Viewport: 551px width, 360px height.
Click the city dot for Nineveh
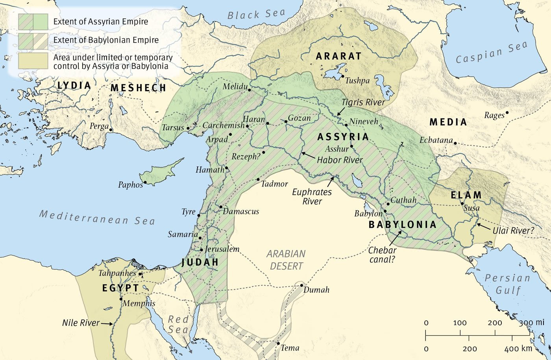(346, 125)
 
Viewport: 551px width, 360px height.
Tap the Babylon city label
(368, 214)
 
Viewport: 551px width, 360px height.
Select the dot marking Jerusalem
(202, 250)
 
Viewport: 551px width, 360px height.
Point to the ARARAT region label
(338, 56)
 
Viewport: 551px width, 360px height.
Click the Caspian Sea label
(491, 53)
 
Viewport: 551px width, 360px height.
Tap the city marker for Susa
(462, 204)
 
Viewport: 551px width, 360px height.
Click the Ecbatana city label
(436, 140)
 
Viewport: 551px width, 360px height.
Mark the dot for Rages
(507, 113)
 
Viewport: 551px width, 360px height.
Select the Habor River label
(340, 160)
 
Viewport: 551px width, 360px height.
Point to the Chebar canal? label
(383, 255)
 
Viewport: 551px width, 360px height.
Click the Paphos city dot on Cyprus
(145, 182)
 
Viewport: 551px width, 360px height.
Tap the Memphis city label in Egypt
(139, 303)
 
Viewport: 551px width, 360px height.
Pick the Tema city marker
(278, 343)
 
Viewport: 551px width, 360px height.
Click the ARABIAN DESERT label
(286, 260)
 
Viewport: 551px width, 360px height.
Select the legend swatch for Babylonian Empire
(33, 41)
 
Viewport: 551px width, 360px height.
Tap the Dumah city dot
(301, 285)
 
